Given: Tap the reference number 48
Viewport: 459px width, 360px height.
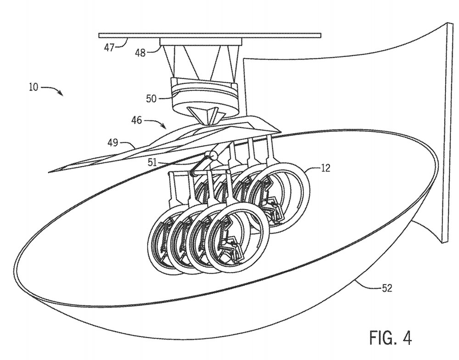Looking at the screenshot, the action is click(140, 53).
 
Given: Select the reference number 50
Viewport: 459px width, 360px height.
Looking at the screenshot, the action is click(151, 98).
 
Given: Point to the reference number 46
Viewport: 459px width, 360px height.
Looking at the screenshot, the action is click(136, 120).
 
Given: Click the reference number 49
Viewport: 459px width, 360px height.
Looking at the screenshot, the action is click(113, 143).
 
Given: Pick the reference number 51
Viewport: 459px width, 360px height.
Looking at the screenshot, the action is click(152, 162).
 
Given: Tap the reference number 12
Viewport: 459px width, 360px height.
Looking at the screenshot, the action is click(325, 168).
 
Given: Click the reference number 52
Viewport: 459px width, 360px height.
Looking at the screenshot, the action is click(387, 288).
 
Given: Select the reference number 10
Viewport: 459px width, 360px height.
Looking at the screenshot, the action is click(34, 87).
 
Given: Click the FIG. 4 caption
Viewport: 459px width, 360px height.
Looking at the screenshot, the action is click(391, 338).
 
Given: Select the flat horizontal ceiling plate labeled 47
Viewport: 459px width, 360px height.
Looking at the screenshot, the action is click(210, 36).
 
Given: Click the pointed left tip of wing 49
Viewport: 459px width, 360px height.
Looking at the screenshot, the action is click(49, 172).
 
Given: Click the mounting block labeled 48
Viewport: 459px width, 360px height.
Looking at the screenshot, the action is click(201, 42).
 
